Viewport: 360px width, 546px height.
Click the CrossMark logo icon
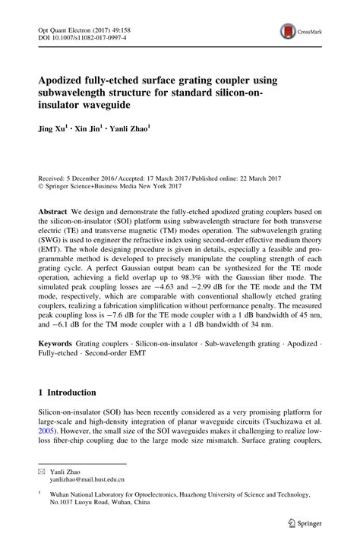click(x=288, y=31)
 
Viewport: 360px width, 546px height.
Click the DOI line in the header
click(x=83, y=36)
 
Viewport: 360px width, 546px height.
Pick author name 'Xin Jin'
click(x=85, y=129)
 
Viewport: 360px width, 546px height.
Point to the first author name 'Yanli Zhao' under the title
click(x=128, y=129)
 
